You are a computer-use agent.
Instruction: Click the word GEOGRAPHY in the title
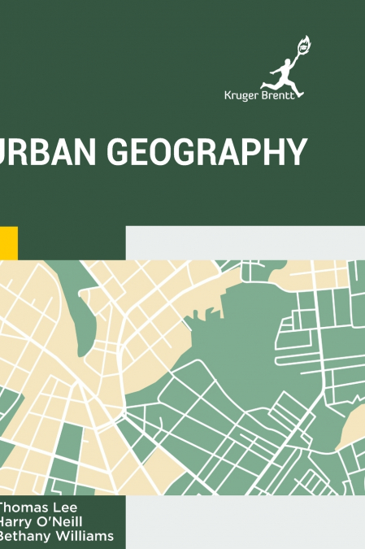click(215, 153)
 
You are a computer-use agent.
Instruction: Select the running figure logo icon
click(283, 67)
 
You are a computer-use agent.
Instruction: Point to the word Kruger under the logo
click(241, 94)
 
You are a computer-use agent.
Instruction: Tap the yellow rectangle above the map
click(8, 242)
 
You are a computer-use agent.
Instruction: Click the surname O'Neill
click(59, 521)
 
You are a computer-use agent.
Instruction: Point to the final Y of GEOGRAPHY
click(298, 153)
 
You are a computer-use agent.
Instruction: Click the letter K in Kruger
click(227, 94)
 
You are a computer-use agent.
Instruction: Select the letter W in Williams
click(63, 536)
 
